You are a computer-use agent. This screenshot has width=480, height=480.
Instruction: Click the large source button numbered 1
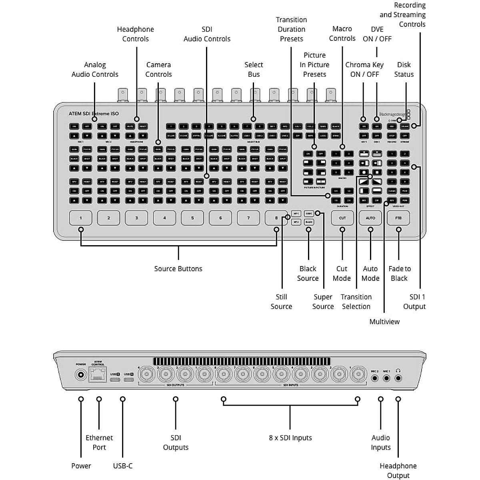(x=81, y=218)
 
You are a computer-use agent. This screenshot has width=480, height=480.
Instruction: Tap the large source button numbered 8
(x=276, y=218)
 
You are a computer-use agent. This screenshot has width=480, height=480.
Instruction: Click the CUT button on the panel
(x=342, y=218)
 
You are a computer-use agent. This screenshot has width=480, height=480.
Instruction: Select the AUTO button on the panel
(x=370, y=218)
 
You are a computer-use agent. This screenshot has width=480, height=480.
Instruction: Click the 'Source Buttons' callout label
(x=178, y=269)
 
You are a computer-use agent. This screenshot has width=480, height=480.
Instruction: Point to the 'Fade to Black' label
(x=399, y=274)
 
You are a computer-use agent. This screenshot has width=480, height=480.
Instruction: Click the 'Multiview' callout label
(x=384, y=322)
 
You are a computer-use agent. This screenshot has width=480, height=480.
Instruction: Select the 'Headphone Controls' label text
(x=135, y=34)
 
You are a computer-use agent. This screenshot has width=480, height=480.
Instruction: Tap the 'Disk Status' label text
(x=404, y=70)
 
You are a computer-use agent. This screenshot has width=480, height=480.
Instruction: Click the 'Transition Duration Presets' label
(x=291, y=29)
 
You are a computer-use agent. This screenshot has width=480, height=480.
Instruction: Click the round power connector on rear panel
(x=81, y=375)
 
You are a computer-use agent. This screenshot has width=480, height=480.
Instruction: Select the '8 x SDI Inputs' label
(x=290, y=438)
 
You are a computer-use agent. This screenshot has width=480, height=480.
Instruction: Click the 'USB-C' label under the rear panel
(x=123, y=466)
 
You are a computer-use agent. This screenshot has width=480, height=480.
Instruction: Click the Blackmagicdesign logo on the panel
(x=392, y=114)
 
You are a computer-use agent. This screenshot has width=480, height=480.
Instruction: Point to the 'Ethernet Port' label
(x=99, y=442)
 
